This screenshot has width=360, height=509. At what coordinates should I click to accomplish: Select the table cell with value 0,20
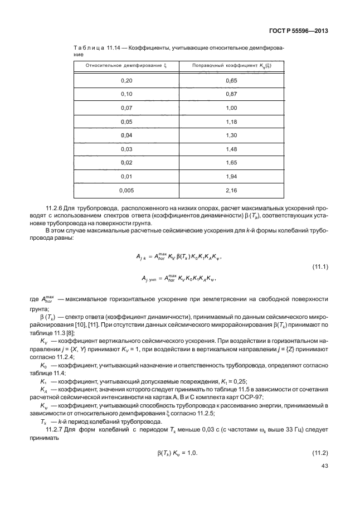click(x=128, y=81)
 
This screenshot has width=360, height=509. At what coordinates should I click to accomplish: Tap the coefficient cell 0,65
click(x=231, y=81)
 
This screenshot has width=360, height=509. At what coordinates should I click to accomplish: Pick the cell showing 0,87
click(x=231, y=94)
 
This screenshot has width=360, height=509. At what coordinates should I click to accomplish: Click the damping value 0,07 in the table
click(x=128, y=108)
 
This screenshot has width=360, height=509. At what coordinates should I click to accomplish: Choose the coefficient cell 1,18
click(x=231, y=122)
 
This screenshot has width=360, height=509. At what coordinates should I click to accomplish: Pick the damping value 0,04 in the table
click(x=128, y=135)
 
